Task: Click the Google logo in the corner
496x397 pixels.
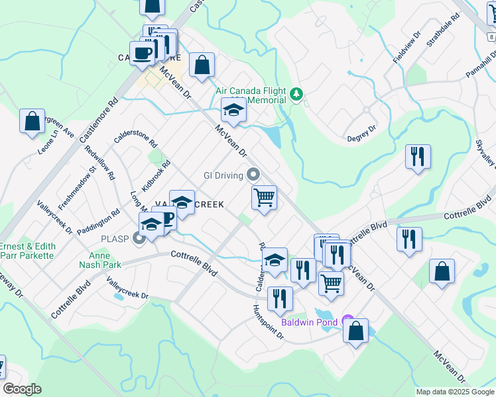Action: (x=22, y=389)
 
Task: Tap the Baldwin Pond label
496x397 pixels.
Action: (x=309, y=322)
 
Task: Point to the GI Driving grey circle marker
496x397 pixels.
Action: (x=252, y=175)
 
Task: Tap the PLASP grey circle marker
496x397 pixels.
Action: (x=139, y=238)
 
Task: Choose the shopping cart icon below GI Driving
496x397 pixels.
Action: (x=264, y=198)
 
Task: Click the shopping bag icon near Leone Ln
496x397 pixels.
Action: (x=32, y=122)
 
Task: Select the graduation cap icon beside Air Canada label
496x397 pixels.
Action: (x=233, y=110)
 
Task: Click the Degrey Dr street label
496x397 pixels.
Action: (x=362, y=133)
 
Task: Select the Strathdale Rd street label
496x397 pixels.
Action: (x=444, y=32)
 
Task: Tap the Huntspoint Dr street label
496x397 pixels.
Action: (x=268, y=322)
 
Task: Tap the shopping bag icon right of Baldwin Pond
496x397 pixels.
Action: (x=356, y=331)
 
